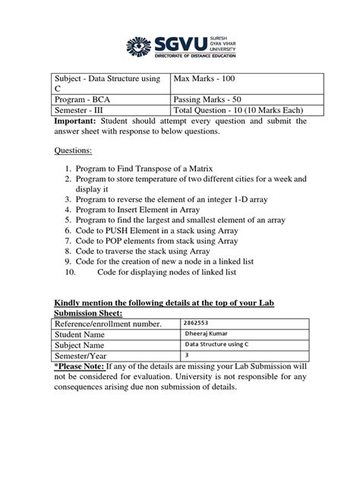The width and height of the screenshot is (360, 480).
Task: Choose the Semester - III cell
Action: tap(83, 110)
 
